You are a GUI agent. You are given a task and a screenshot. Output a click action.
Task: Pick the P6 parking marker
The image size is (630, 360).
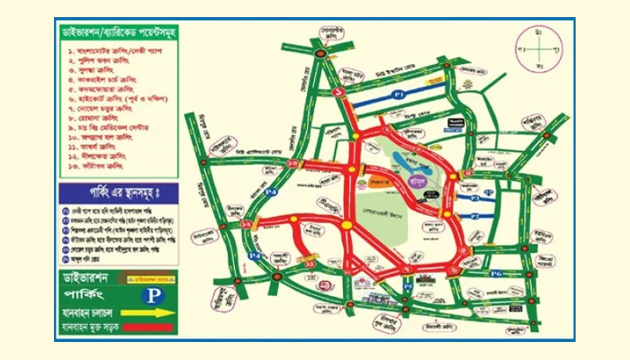pos(496,272)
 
